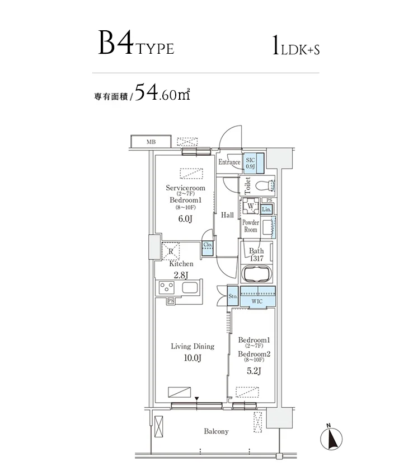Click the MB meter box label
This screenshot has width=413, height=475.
click(151, 142)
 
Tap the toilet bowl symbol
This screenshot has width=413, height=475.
click(265, 185)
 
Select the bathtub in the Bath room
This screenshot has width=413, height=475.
click(256, 274)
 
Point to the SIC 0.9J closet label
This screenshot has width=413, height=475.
click(250, 163)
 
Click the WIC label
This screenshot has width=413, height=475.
click(257, 301)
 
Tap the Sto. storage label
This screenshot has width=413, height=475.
click(233, 296)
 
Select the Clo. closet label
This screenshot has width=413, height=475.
click(208, 244)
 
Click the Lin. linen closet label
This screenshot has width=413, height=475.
click(266, 209)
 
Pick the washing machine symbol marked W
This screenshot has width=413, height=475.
click(250, 206)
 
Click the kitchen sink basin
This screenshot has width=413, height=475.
click(190, 287)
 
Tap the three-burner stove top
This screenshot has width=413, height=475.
click(167, 287)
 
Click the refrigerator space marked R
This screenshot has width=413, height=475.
click(171, 251)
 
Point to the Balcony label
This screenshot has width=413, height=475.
click(216, 431)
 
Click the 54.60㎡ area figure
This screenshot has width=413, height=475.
click(162, 92)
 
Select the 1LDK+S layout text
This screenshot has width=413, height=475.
click(296, 46)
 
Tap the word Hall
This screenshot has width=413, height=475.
click(227, 215)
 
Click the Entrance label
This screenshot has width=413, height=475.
click(229, 162)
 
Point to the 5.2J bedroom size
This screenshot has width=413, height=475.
click(254, 371)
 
